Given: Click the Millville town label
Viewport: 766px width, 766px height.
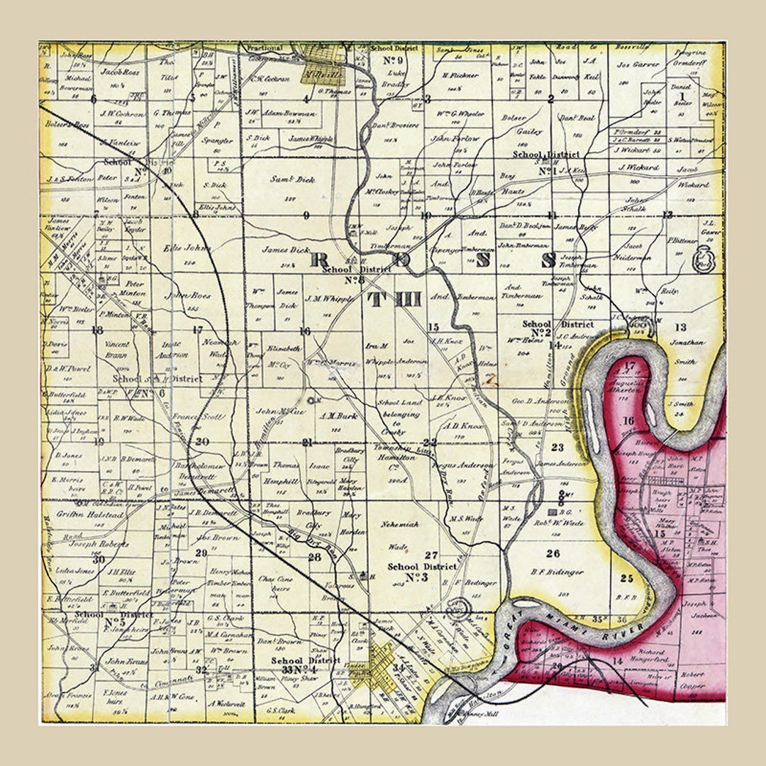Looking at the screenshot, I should coord(323,74).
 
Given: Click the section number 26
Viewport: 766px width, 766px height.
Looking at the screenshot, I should coord(553,553).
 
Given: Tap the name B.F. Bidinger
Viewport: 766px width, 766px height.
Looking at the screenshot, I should coord(557,572).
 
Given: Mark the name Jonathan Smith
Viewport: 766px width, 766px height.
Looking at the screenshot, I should coord(685,351).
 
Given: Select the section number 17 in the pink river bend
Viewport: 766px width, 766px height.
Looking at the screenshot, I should coord(629,366).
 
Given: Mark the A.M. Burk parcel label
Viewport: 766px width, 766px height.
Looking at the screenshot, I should coord(338,416).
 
